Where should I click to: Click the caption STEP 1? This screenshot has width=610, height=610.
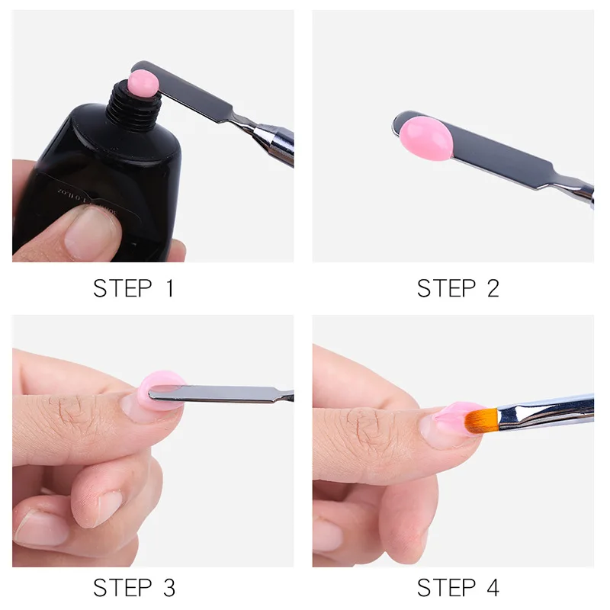133,288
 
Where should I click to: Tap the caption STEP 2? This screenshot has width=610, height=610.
457,288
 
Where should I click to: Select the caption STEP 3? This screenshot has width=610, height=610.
133,588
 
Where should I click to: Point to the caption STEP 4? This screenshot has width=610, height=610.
457,588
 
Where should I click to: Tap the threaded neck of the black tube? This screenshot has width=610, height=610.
133,107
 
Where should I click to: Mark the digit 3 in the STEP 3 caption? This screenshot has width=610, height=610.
167,588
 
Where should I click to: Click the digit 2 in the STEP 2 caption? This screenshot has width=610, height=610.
491,288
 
